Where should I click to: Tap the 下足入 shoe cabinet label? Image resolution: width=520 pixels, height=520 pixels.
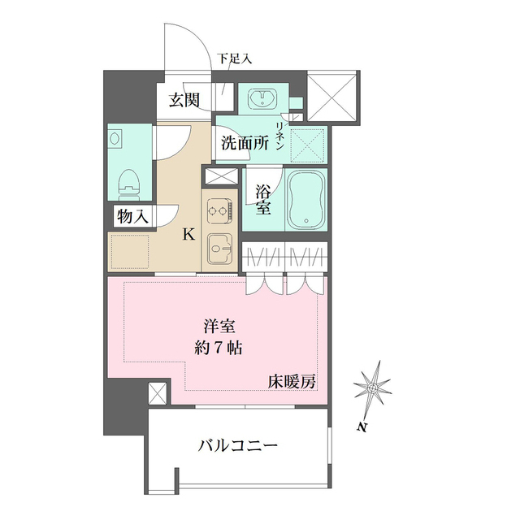[x=234, y=58]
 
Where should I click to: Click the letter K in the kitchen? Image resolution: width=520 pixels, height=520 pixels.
[x=188, y=235]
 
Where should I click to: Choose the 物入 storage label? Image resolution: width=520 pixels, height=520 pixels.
[x=132, y=216]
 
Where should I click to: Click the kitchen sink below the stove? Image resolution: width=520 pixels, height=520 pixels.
[x=219, y=247]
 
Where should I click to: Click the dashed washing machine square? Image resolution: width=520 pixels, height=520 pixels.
[x=308, y=145]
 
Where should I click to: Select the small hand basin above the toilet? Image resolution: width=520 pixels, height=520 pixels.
[x=114, y=138]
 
